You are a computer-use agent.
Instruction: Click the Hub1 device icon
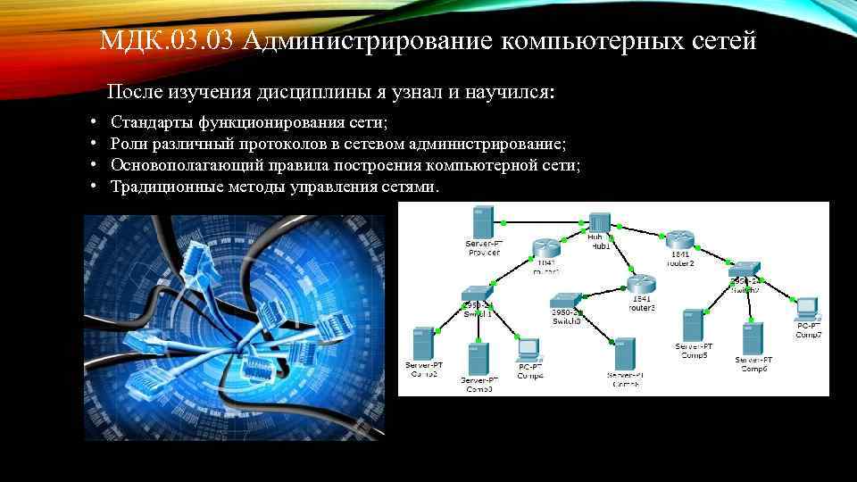click(x=599, y=221)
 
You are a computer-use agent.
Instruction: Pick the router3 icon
click(x=640, y=285)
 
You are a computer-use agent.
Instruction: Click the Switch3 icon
click(x=565, y=301)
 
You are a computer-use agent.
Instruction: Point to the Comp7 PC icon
click(x=808, y=308)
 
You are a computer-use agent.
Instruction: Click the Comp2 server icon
click(x=423, y=343)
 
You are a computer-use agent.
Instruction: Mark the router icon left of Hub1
click(x=545, y=248)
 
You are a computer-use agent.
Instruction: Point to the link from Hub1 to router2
click(x=639, y=229)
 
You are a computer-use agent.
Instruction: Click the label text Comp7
click(x=808, y=334)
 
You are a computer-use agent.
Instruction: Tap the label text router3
click(x=641, y=308)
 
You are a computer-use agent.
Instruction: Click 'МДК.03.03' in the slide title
click(x=166, y=41)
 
